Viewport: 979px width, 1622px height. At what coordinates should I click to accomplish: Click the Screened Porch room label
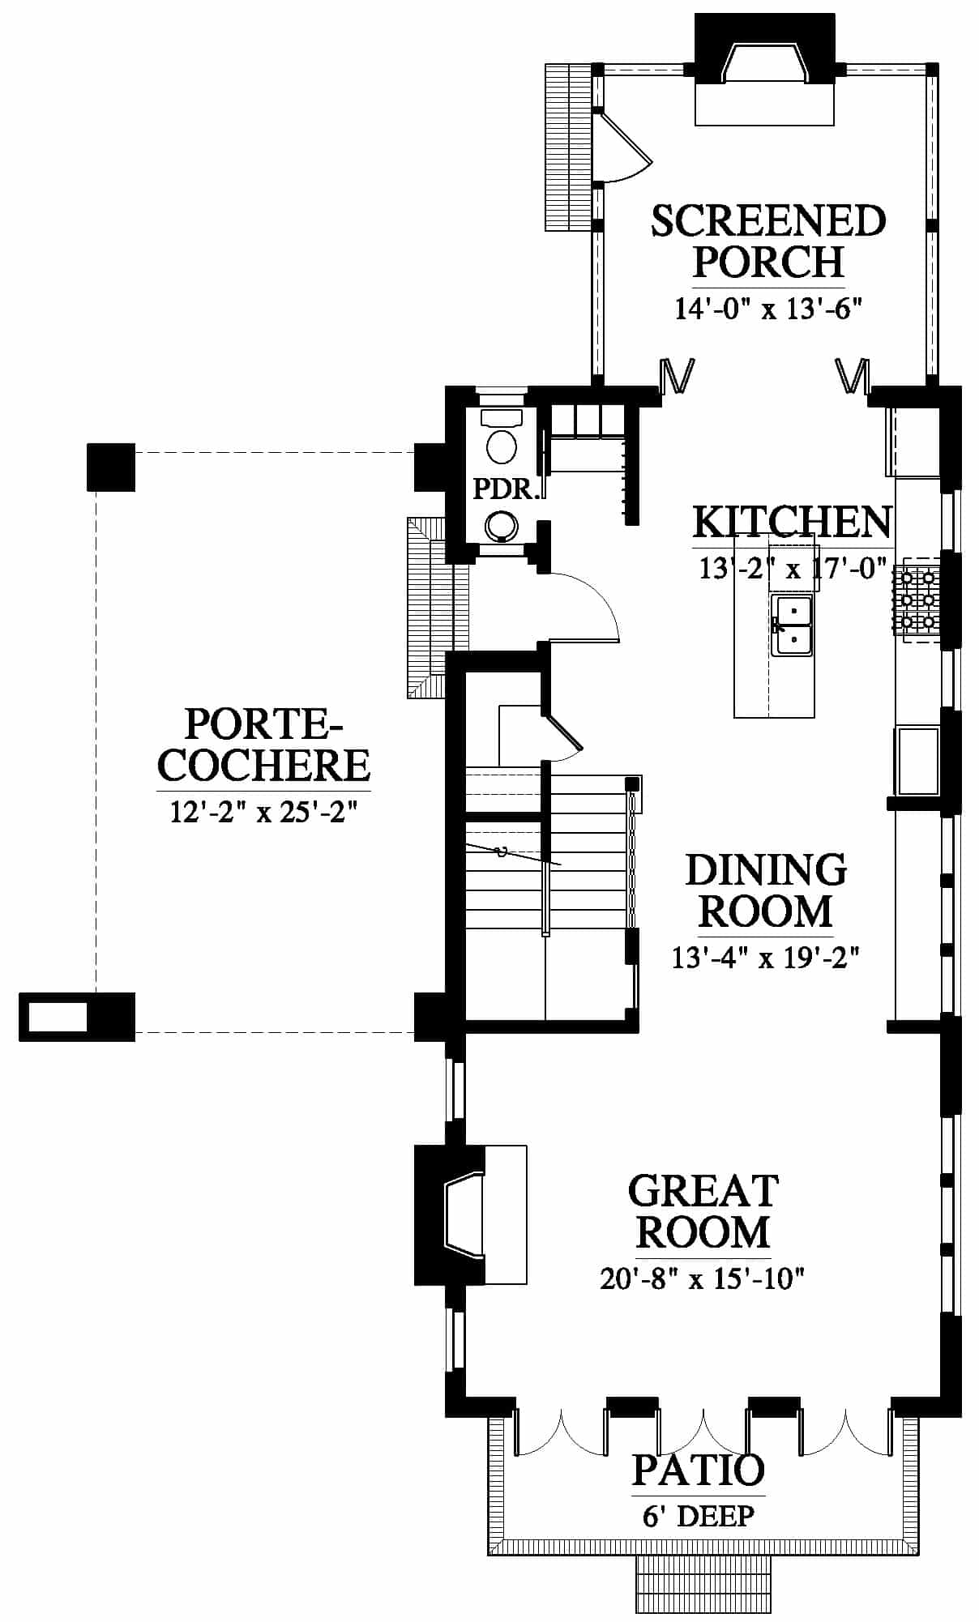click(768, 241)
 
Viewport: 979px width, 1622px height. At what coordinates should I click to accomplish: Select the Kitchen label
click(793, 522)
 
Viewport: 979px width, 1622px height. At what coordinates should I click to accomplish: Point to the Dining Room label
click(766, 890)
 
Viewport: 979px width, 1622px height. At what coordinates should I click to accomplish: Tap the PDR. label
click(506, 489)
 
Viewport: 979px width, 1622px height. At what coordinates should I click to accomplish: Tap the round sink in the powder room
click(502, 526)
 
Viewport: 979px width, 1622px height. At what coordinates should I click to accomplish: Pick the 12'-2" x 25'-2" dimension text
click(263, 811)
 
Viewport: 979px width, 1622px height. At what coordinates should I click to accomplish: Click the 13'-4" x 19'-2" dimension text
click(765, 958)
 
